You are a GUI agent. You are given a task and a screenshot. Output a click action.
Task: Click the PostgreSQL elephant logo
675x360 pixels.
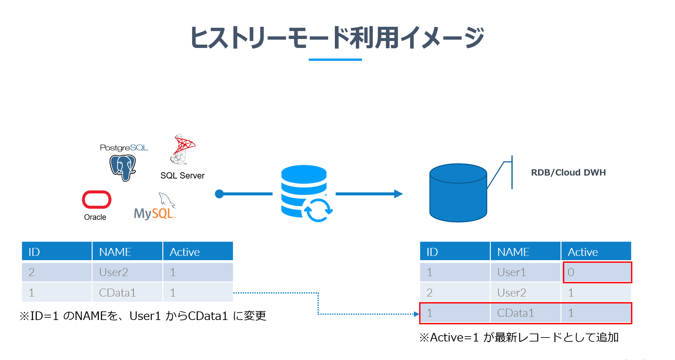pos(123,167)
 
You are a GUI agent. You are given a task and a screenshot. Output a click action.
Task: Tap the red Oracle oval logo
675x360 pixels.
pos(97,200)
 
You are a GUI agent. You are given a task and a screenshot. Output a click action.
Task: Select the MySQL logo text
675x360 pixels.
pos(154,213)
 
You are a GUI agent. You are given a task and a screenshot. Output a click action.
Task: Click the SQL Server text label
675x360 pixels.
pos(182,176)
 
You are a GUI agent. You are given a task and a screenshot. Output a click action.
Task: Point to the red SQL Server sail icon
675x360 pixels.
pos(182,149)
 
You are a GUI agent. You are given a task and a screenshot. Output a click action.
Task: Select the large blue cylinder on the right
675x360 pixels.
pos(458,193)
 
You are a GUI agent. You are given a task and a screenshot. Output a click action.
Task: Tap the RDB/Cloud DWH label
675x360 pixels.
pos(568,173)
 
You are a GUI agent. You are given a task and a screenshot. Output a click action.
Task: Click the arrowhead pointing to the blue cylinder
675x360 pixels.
pos(398,194)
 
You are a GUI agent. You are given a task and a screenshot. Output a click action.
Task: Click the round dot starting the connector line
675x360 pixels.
pos(219,194)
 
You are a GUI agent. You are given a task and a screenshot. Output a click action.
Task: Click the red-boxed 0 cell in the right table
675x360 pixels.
pos(597,272)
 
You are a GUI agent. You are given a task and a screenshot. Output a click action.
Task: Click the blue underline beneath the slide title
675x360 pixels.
pos(335,60)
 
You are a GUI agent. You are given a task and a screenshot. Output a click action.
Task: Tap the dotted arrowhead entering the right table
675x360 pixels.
pos(417,314)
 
